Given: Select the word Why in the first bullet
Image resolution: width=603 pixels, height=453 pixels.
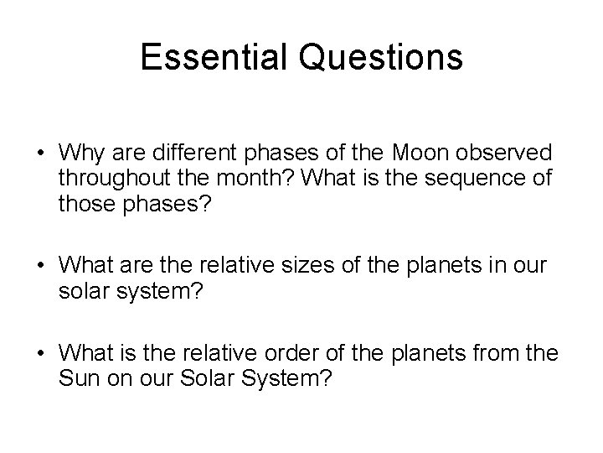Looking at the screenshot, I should coord(79,154).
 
